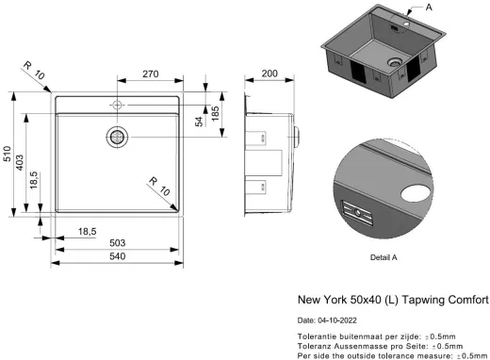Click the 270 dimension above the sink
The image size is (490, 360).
[149, 74]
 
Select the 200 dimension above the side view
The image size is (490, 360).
[271, 74]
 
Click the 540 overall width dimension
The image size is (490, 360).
[117, 258]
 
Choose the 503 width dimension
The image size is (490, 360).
[117, 244]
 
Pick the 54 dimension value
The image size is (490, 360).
[199, 120]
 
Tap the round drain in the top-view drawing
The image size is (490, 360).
[118, 137]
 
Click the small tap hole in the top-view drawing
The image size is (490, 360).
[117, 104]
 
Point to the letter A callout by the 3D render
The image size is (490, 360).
[457, 8]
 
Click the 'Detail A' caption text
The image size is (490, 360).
[384, 256]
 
